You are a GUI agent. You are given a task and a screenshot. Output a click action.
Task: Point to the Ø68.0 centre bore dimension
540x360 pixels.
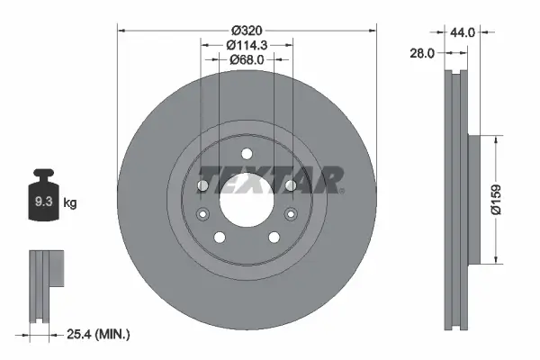(x=247, y=60)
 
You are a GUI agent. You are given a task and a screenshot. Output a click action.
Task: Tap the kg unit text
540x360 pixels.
(x=70, y=203)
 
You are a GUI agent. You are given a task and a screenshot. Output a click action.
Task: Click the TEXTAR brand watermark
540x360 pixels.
(x=270, y=179)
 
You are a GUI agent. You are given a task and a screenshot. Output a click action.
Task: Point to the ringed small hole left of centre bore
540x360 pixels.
(x=202, y=214)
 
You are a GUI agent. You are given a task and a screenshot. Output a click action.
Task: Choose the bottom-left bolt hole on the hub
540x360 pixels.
(x=219, y=238)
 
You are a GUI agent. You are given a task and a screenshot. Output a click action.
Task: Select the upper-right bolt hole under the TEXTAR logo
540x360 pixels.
(x=290, y=185)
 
